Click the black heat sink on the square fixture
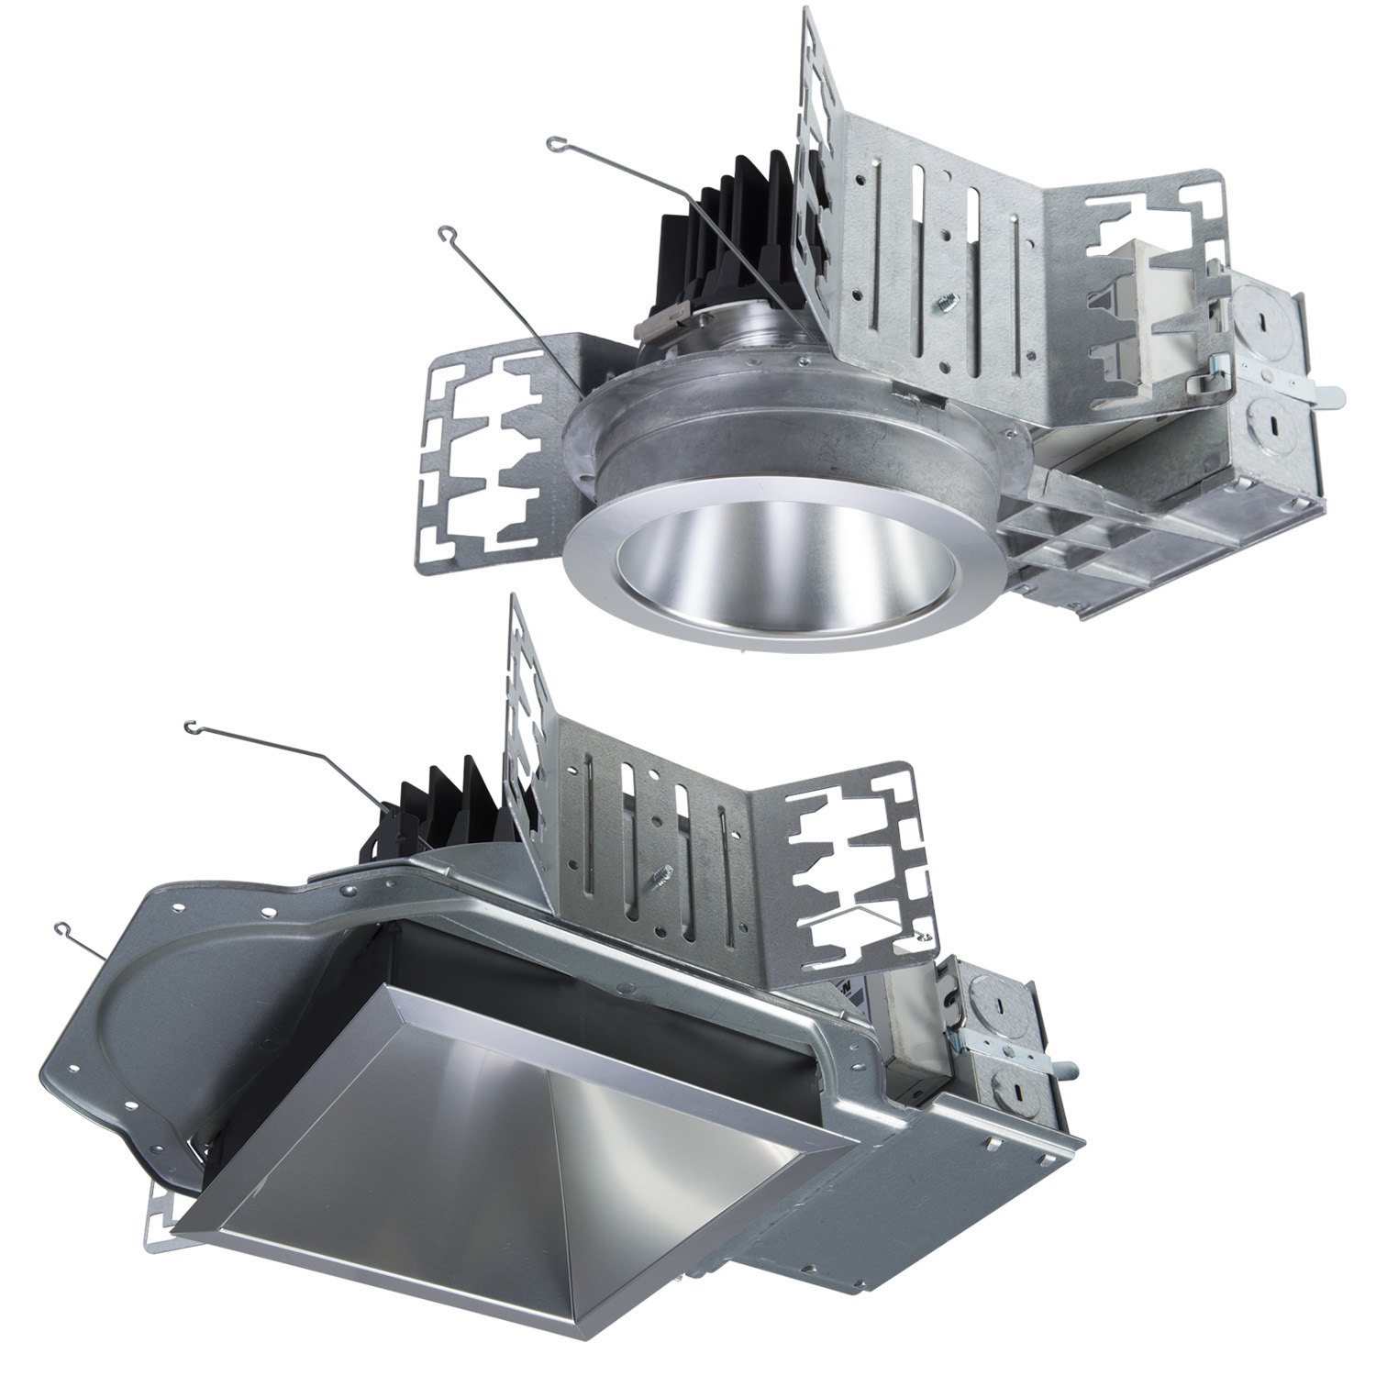pos(440,807)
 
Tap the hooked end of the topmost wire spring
pos(554,144)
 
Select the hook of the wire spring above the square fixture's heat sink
pos(192,728)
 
